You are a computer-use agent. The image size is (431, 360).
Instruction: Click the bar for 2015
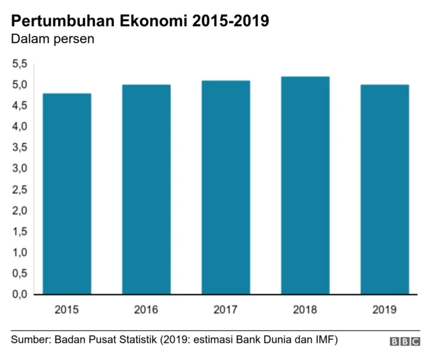pos(67,194)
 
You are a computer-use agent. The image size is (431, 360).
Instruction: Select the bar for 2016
pos(146,189)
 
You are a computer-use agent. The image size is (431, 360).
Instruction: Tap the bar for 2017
pos(226,187)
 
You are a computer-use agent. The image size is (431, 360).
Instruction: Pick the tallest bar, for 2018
pos(305,185)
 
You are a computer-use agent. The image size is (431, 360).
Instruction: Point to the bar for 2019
pos(384,189)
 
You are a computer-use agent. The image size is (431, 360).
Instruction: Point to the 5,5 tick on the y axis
pos(19,64)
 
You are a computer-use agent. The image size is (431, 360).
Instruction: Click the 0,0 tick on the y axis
pos(19,295)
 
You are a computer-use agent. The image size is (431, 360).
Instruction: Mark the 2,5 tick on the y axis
pos(19,189)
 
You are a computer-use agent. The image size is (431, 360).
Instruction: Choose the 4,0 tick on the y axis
pos(19,127)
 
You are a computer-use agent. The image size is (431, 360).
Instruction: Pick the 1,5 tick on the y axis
pos(19,231)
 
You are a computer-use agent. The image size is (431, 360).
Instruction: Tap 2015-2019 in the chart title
pos(231,20)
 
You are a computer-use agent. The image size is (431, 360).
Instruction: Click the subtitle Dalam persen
pos(52,39)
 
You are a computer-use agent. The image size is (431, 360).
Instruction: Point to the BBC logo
pos(404,342)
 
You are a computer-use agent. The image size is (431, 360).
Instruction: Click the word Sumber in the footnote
pos(31,340)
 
